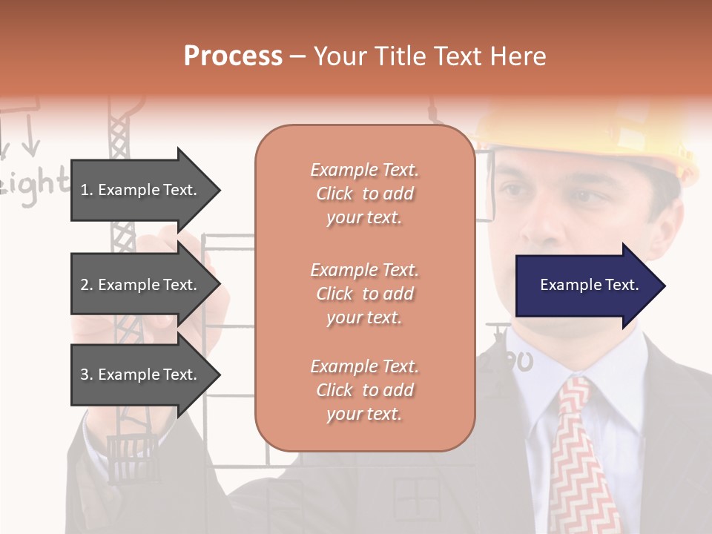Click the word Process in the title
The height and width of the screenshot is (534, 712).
coord(233,56)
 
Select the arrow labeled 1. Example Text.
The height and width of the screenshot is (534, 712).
coord(141,190)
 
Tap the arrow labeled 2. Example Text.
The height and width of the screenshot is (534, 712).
coord(141,285)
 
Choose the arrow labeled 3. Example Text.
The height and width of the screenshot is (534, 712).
coord(141,375)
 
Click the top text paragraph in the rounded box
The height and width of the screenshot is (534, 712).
coord(364,194)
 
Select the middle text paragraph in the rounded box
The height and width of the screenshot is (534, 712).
coord(364,294)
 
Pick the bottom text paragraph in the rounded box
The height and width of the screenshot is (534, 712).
coord(364,390)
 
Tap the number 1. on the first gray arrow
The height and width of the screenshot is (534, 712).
coord(87,190)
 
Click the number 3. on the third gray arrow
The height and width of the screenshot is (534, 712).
coord(87,375)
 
